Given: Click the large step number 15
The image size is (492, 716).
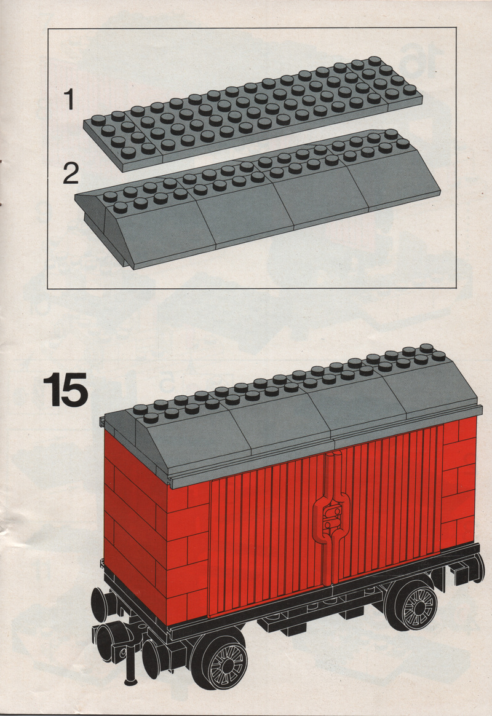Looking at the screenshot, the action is click(66, 390).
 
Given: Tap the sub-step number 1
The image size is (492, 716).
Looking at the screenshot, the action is click(69, 100).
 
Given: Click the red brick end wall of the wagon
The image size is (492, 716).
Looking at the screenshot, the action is click(135, 521).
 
